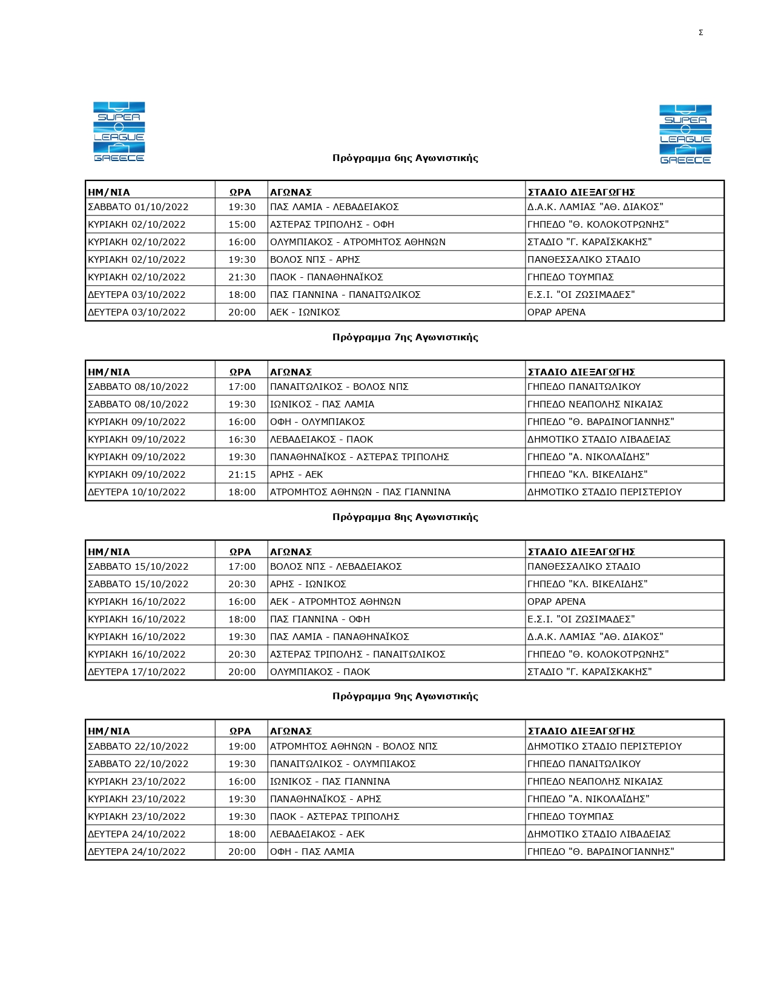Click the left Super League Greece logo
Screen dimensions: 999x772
pos(119,132)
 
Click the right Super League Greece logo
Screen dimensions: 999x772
pos(685,134)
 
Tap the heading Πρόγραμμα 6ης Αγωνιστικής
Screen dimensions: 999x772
pos(405,158)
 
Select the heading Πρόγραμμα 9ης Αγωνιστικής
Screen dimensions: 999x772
pos(405,696)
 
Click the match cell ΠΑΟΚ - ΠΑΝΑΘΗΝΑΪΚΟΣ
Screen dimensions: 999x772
pos(326,277)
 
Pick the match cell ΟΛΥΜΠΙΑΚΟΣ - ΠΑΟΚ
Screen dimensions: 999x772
pos(320,672)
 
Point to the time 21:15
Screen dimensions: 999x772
pos(242,475)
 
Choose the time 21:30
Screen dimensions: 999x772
pos(242,277)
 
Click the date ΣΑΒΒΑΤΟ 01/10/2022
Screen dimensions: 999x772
pos(138,207)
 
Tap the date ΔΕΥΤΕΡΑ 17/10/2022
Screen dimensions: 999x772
pos(137,672)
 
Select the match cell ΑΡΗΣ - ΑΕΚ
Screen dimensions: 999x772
pos(296,475)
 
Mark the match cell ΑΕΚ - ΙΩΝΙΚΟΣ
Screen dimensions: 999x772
pos(305,312)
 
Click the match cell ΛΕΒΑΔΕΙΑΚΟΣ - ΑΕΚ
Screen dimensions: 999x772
pos(317,834)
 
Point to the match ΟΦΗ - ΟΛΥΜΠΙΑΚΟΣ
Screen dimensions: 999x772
pos(317,422)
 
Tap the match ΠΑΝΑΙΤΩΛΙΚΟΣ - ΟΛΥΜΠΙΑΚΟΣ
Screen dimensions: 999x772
pos(343,764)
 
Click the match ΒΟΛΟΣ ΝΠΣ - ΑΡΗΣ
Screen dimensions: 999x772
pos(315,260)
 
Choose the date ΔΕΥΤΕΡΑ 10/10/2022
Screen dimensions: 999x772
pos(137,492)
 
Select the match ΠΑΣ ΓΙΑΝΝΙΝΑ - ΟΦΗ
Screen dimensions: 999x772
pos(320,619)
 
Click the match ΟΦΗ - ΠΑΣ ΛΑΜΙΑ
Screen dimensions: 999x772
pos(312,852)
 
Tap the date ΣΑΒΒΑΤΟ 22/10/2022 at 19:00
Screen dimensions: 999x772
pos(138,747)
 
